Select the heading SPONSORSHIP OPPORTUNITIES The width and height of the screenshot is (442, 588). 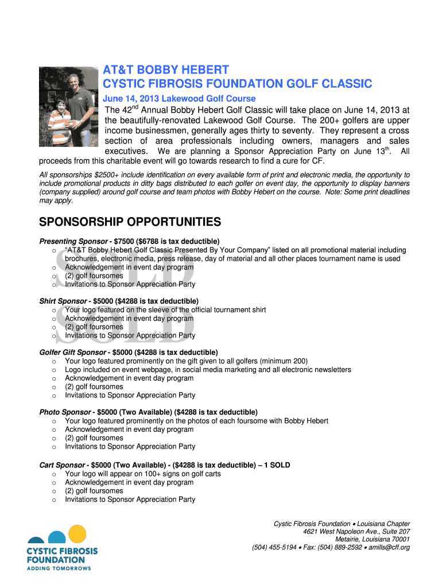click(x=130, y=222)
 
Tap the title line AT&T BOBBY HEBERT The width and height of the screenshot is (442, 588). click(x=166, y=70)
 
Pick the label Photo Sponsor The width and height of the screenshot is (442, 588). click(x=65, y=412)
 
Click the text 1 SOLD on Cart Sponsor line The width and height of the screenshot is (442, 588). click(x=281, y=465)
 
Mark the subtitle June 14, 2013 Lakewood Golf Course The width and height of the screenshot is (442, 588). click(x=179, y=99)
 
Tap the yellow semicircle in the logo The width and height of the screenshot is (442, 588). click(x=77, y=535)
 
